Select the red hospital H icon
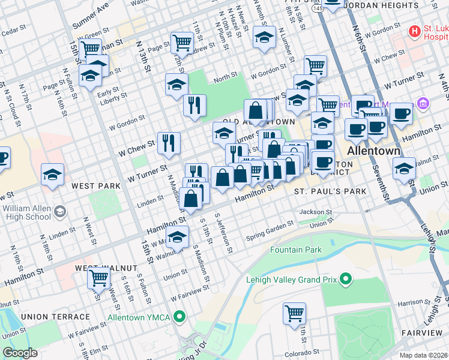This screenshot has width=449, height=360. tap(414, 31)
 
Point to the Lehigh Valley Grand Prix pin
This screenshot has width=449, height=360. tap(345, 278)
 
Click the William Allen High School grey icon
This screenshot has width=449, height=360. tap(60, 211)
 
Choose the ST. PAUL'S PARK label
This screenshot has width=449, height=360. tap(330, 191)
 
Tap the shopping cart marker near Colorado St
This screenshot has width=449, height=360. tap(294, 312)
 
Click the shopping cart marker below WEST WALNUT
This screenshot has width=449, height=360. tap(98, 278)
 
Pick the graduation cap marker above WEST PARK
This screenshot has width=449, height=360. tap(52, 175)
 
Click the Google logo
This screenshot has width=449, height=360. tap(20, 353)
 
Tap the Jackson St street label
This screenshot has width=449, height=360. tap(316, 212)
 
